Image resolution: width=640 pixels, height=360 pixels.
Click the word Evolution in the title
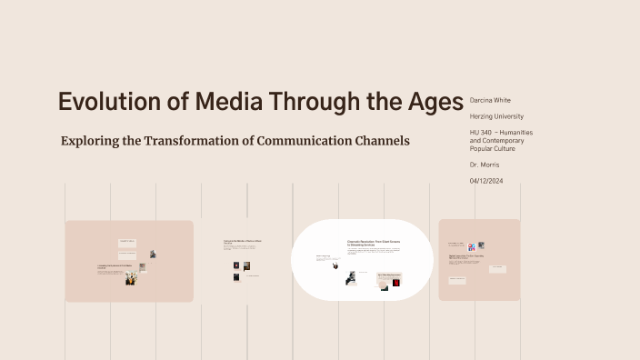99,102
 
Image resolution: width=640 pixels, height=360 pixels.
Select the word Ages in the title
431,102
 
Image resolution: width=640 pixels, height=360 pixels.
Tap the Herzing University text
496,116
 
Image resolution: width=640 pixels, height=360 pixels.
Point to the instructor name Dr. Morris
485,165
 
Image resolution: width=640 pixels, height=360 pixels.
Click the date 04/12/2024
486,181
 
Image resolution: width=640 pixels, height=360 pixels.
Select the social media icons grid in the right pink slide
472,246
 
